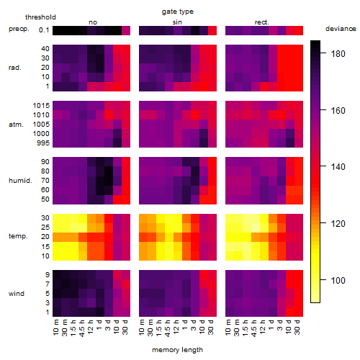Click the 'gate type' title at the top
[x=178, y=12]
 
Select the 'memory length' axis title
[x=177, y=350]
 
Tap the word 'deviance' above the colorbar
[x=341, y=29]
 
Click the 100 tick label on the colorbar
[x=338, y=280]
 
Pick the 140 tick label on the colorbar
[x=338, y=167]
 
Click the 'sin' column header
[x=177, y=22]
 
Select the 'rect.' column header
[x=261, y=22]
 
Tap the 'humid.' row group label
[x=20, y=181]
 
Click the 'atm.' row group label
[x=16, y=125]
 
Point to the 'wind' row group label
[x=17, y=294]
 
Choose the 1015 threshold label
[x=41, y=106]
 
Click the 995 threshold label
[x=43, y=143]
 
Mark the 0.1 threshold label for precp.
[x=44, y=30]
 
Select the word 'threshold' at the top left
[x=40, y=17]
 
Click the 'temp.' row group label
[x=18, y=236]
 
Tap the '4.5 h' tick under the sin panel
[x=168, y=328]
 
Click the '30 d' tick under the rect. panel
[x=297, y=327]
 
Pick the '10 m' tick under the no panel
[x=55, y=328]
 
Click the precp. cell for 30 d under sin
[x=212, y=30]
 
